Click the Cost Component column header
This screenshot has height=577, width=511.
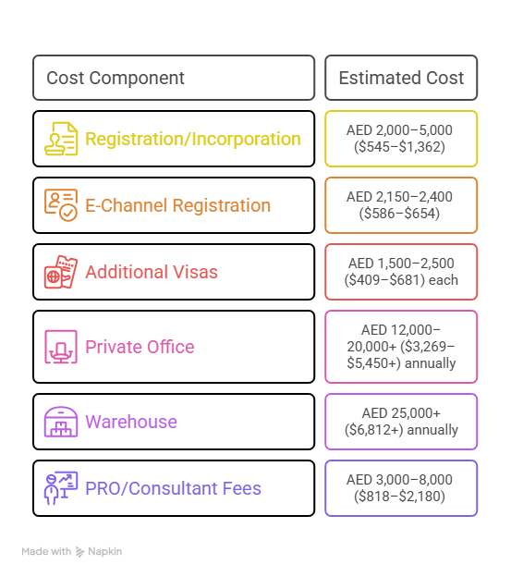pyautogui.click(x=116, y=78)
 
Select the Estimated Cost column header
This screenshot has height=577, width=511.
pyautogui.click(x=401, y=78)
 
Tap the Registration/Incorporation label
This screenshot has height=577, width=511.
pyautogui.click(x=193, y=139)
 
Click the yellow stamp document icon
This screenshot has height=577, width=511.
pyautogui.click(x=61, y=139)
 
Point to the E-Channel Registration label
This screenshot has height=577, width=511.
pyautogui.click(x=178, y=205)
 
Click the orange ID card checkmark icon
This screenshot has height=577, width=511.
pyautogui.click(x=61, y=205)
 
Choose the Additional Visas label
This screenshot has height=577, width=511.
pyautogui.click(x=152, y=272)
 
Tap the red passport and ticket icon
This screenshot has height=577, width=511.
pyautogui.click(x=61, y=272)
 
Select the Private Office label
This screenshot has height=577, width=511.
pyautogui.click(x=140, y=347)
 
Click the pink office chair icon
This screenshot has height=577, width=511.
pyautogui.click(x=61, y=347)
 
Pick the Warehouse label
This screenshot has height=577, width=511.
pyautogui.click(x=131, y=422)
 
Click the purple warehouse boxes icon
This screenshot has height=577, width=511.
pyautogui.click(x=61, y=422)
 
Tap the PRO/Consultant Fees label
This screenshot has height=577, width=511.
pyautogui.click(x=173, y=488)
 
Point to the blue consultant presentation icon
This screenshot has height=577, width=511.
pyautogui.click(x=61, y=488)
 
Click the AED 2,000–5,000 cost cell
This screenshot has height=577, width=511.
pyautogui.click(x=401, y=139)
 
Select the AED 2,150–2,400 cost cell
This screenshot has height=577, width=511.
pyautogui.click(x=401, y=205)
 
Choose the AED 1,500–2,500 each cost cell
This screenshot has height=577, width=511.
pyautogui.click(x=401, y=272)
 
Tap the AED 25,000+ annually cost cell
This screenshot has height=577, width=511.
pyautogui.click(x=401, y=422)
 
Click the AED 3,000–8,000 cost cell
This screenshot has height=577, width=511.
pyautogui.click(x=401, y=488)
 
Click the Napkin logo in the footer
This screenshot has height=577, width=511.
pyautogui.click(x=99, y=552)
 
